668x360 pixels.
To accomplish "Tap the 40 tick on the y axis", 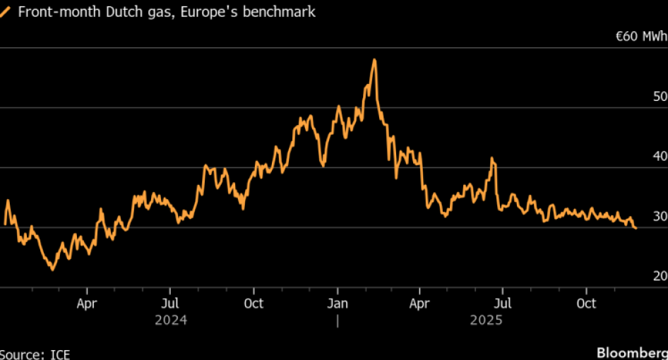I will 660,156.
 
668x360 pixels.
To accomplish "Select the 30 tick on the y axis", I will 660,216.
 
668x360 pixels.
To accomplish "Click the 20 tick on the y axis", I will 660,276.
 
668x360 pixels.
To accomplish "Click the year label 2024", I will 171,320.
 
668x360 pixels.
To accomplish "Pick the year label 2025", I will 486,320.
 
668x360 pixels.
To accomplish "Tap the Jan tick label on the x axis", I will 337,304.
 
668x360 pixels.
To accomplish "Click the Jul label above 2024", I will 169,304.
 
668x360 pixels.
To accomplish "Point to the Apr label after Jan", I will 419,304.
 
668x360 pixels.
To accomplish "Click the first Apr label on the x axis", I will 87,304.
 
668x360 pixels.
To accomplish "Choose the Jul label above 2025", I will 502,304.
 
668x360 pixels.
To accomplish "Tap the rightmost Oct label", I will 586,304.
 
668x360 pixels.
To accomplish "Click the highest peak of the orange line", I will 374,60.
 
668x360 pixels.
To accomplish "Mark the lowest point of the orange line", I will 52,269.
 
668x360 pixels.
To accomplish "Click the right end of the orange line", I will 636,228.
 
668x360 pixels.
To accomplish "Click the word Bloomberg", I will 632,352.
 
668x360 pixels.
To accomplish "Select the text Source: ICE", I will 35,354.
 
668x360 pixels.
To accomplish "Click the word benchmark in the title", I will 280,12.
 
